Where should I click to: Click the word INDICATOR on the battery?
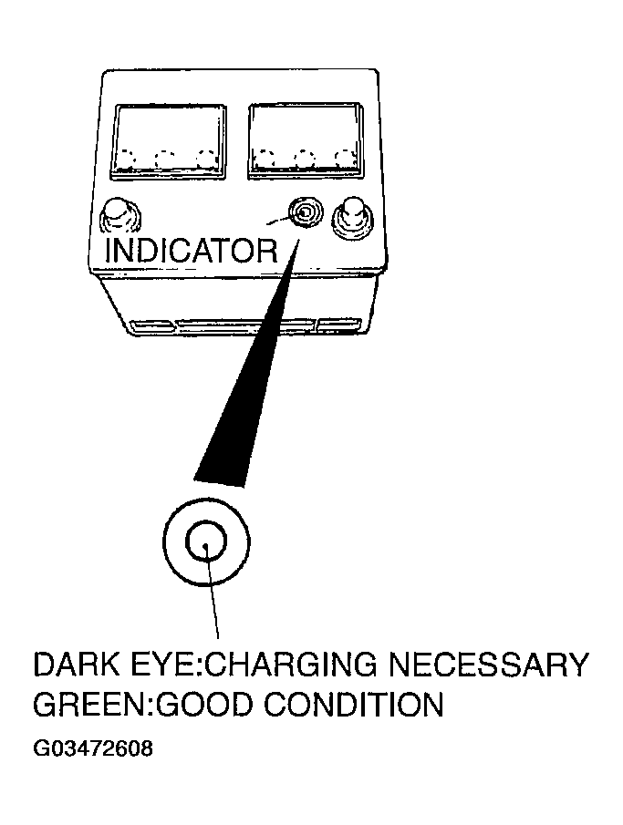tap(192, 251)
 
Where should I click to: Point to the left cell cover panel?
tap(169, 141)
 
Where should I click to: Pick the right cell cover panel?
tap(306, 140)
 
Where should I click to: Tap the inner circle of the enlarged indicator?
tap(206, 541)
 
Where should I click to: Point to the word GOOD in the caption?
tap(206, 704)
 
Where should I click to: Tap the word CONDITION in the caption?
tap(353, 704)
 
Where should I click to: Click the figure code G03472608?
tap(93, 748)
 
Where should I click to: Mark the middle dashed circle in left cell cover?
tap(166, 160)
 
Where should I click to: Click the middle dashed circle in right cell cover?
tap(305, 159)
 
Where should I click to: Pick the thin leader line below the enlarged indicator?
tap(213, 592)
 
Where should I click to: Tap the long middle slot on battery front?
tap(244, 326)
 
